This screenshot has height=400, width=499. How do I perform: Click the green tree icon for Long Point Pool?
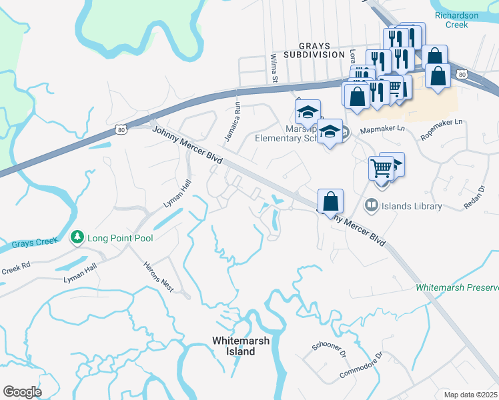pyautogui.click(x=77, y=238)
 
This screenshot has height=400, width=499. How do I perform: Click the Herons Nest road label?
pyautogui.click(x=159, y=276)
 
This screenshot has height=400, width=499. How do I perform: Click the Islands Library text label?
pyautogui.click(x=411, y=206)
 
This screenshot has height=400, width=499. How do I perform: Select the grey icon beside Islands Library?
pyautogui.click(x=372, y=205)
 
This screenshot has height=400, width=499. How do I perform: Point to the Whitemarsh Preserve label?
pyautogui.click(x=457, y=287)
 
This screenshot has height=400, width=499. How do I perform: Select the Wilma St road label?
pyautogui.click(x=274, y=69)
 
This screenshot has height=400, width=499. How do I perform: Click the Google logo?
pyautogui.click(x=22, y=392)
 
